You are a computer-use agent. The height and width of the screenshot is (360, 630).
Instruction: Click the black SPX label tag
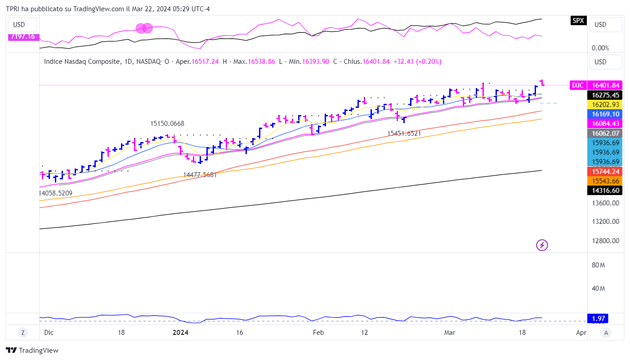[578, 20]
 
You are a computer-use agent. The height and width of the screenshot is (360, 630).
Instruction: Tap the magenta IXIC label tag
[578, 85]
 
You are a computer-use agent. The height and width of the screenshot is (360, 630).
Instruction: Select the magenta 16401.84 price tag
[606, 85]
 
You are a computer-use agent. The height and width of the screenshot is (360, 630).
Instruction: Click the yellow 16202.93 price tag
[606, 104]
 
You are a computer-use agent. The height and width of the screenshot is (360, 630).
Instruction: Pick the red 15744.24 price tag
[606, 171]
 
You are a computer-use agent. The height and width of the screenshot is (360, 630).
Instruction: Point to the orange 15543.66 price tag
[606, 181]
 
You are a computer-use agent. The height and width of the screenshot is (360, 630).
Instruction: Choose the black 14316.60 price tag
[606, 191]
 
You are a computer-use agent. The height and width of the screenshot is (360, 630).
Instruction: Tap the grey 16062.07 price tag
[606, 133]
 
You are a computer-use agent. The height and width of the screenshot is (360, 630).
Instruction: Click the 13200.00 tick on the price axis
[606, 222]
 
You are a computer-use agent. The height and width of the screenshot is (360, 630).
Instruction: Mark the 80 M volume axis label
[598, 265]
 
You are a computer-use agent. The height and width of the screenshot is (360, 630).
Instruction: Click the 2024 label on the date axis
[180, 333]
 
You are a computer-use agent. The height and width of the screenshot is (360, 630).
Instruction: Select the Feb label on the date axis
[318, 333]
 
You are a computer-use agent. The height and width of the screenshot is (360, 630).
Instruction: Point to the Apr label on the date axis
[581, 333]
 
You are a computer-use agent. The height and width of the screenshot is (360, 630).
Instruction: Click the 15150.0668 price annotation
[167, 124]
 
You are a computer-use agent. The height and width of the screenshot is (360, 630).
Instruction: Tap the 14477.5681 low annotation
[200, 175]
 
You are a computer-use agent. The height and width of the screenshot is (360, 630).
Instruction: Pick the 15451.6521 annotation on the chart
[404, 133]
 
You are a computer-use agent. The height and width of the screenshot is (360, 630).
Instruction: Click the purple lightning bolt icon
[542, 245]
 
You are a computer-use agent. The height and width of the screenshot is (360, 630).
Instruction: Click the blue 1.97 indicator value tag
[599, 319]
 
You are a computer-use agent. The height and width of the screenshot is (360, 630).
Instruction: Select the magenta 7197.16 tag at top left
[24, 36]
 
